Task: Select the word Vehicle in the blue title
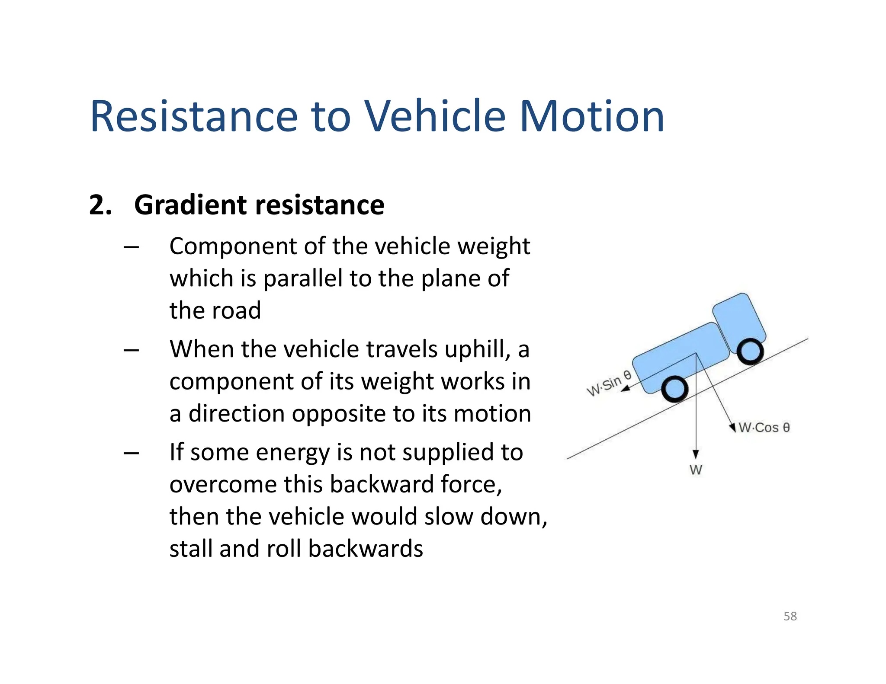click(x=434, y=116)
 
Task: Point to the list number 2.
click(x=100, y=205)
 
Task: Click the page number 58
click(x=790, y=616)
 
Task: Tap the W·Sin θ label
click(x=608, y=383)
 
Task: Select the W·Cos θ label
click(x=764, y=428)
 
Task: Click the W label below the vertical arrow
click(x=696, y=470)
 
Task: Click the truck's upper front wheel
click(x=750, y=351)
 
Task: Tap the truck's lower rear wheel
click(x=674, y=389)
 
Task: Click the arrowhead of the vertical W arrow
click(x=696, y=454)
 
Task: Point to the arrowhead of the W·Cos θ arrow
click(x=732, y=427)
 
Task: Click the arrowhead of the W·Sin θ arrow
click(x=626, y=389)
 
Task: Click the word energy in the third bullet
click(x=292, y=452)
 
